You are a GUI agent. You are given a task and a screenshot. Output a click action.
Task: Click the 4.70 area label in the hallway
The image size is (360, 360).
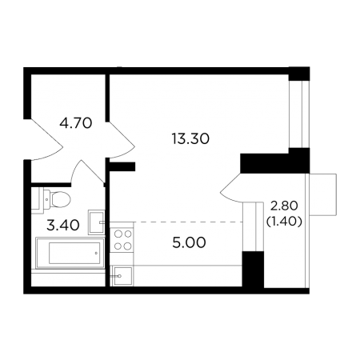coord(76,123)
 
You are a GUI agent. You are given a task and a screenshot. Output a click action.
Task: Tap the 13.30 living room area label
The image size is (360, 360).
coord(190,138)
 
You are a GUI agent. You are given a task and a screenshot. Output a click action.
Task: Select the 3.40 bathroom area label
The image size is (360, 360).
coord(63,225)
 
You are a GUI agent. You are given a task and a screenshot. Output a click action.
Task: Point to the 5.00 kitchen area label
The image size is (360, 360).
coord(189,242)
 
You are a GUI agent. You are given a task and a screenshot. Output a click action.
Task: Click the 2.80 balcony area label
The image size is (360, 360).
coord(284,206)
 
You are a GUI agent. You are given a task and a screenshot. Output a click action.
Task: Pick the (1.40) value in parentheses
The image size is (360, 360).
coord(284,222)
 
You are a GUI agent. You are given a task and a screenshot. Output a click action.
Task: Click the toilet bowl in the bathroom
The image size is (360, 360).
coord(61,199)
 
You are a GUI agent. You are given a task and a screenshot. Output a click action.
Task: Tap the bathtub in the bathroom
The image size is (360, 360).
coord(70,253)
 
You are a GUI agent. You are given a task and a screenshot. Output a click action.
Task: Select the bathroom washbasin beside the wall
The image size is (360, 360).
coord(96,222)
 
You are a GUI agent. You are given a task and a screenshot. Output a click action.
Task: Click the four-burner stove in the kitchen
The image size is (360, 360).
coord(122,240)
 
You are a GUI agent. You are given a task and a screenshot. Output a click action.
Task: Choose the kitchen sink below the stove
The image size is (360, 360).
coord(122,276)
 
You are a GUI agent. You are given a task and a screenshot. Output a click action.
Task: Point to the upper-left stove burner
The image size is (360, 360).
coord(118,234)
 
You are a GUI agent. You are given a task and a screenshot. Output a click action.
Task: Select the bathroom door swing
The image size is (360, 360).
coord(88,172)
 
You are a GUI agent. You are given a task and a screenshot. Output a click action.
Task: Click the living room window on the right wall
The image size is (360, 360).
coord(299,114)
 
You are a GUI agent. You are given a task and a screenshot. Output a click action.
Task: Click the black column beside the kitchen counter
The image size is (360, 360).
coord(253,270)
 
